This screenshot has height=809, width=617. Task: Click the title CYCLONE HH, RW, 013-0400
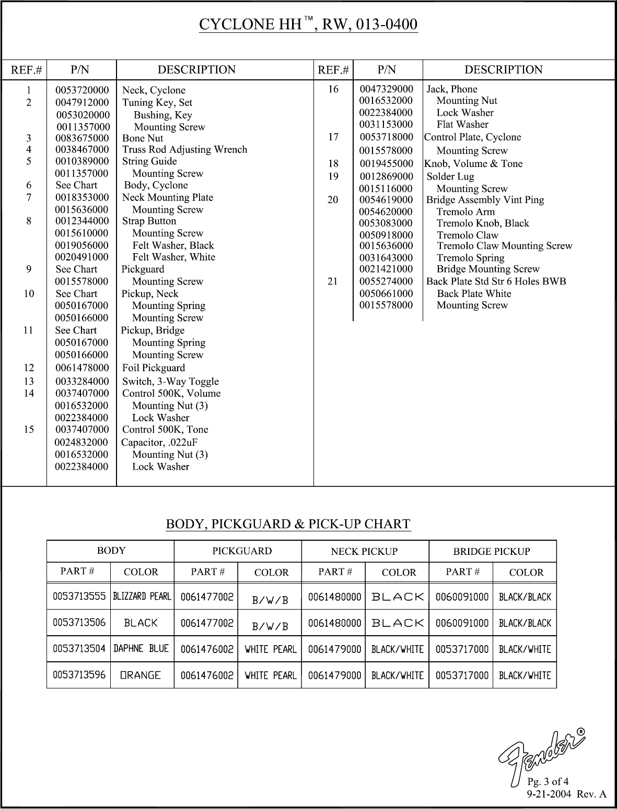point(308,25)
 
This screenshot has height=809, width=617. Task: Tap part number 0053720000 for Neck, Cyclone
point(82,90)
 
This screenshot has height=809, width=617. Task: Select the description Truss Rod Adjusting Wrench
point(184,150)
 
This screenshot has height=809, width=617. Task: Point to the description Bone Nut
point(143,138)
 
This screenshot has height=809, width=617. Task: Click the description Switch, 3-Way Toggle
point(170,382)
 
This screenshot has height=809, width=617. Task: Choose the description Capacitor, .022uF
point(159,443)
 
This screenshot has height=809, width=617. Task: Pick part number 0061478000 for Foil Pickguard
point(82,368)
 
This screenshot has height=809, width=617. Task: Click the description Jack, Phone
point(452,89)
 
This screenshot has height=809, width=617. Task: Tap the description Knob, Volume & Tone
point(473,164)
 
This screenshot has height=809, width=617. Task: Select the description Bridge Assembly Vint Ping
point(485,200)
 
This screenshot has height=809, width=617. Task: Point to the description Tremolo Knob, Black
point(483,223)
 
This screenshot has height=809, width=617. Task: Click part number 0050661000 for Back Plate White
point(386,293)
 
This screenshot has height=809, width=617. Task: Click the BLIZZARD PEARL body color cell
point(142,596)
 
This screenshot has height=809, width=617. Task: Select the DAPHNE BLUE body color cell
point(142,649)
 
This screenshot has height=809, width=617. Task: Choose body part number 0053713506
point(79,623)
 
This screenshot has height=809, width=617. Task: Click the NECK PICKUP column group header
point(364,552)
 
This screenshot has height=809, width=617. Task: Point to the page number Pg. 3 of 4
point(548,781)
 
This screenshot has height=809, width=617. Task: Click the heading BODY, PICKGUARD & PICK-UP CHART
point(288,524)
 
